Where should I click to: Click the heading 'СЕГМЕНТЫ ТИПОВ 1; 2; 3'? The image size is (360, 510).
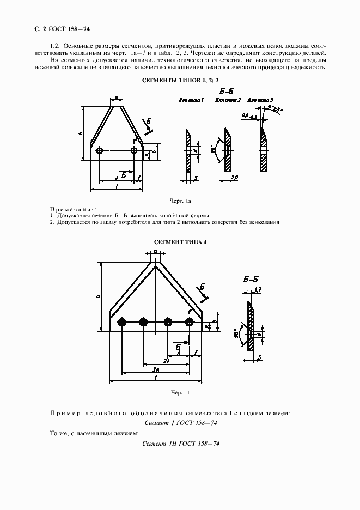tap(180, 81)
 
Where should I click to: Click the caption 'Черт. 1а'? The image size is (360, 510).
tap(181, 202)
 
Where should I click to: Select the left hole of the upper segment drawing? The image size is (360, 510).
tap(99, 151)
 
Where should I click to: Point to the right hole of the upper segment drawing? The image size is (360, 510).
tap(133, 151)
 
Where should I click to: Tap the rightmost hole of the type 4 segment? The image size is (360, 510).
tap(189, 323)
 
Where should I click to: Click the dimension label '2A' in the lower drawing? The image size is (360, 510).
tap(166, 361)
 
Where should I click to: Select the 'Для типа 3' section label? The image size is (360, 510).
tap(260, 101)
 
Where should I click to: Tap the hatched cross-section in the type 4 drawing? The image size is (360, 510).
tap(251, 327)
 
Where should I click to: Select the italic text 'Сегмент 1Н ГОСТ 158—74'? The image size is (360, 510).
tap(180, 445)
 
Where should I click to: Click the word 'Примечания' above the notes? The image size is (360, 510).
tap(72, 209)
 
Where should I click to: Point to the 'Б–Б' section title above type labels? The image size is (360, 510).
tap(225, 91)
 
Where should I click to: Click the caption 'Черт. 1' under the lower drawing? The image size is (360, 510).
tap(180, 393)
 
